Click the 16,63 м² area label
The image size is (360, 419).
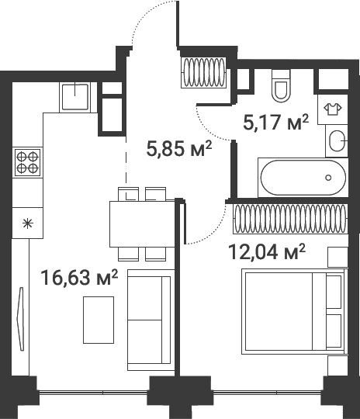point(79,278)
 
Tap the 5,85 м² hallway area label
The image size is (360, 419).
point(179,148)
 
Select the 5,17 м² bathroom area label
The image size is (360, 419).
point(275,122)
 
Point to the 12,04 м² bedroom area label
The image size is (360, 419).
point(267,251)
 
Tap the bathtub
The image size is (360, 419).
point(303,178)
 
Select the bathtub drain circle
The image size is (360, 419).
point(328,178)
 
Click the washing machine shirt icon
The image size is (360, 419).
point(333,109)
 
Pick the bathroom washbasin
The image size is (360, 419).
point(337,140)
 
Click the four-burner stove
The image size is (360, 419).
point(27,162)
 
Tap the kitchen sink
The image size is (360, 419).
point(75,97)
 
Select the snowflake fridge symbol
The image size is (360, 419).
point(27,223)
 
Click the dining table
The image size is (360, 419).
point(142,224)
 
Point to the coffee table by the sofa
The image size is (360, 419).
point(99,320)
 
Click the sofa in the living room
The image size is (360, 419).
point(151,320)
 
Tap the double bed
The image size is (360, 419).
point(295,312)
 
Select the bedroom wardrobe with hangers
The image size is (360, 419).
point(290,219)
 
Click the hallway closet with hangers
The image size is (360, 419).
point(203,73)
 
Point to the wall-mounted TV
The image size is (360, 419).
point(21,319)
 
